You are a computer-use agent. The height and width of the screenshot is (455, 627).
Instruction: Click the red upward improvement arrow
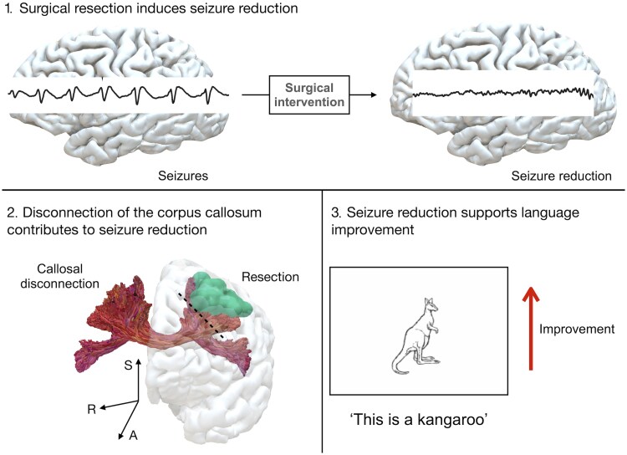tap(528, 325)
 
